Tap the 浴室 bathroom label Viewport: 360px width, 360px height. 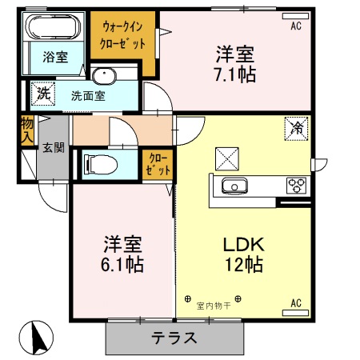point(55,58)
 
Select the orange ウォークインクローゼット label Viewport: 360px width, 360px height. point(122,36)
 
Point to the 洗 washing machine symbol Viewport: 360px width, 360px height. point(42,94)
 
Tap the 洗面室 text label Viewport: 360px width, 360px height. point(87,95)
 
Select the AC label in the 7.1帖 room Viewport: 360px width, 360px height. point(296,26)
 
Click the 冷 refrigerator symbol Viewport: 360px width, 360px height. point(295,127)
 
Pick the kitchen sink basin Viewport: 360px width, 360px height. point(234,186)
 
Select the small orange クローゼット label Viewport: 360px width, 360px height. point(155,165)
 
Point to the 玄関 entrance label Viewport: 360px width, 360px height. point(54,147)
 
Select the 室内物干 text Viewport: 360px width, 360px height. point(214,304)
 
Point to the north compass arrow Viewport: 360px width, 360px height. point(35,337)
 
